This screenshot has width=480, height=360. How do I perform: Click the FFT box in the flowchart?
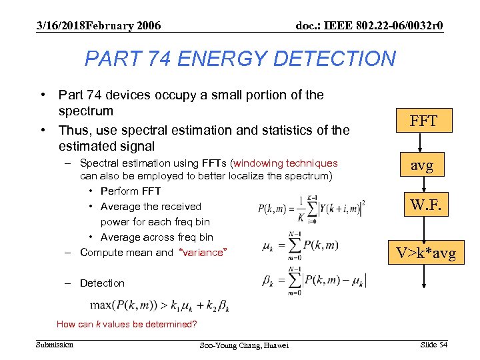[423, 121]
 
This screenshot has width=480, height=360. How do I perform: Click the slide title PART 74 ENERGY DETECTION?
[240, 59]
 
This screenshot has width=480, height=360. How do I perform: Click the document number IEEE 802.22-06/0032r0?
[369, 26]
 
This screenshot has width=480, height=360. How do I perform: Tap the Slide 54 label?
[434, 344]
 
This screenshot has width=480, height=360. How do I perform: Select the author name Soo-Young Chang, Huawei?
[244, 345]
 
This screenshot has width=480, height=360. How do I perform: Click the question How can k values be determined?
[127, 325]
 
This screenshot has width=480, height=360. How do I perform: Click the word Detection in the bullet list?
[102, 283]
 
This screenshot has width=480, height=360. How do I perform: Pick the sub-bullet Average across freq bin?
[157, 237]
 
